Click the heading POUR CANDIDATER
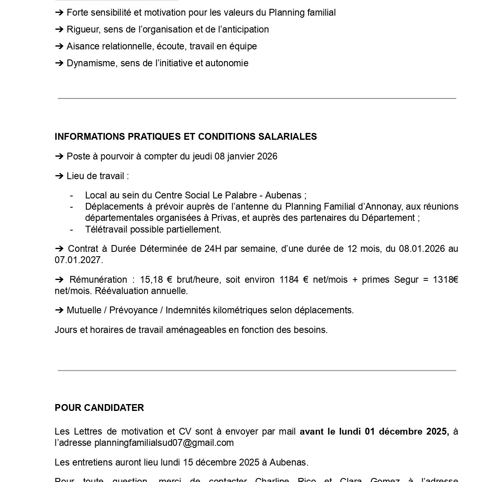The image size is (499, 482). click(x=99, y=408)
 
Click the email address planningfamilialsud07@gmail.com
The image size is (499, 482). click(x=164, y=443)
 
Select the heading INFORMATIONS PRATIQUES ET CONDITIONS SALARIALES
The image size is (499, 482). click(x=186, y=137)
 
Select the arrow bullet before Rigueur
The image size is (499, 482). click(x=59, y=30)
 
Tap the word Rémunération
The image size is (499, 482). click(x=98, y=280)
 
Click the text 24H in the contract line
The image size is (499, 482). click(x=213, y=249)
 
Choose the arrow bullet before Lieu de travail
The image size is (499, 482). click(x=59, y=176)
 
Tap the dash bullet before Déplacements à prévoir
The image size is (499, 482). click(x=72, y=207)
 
